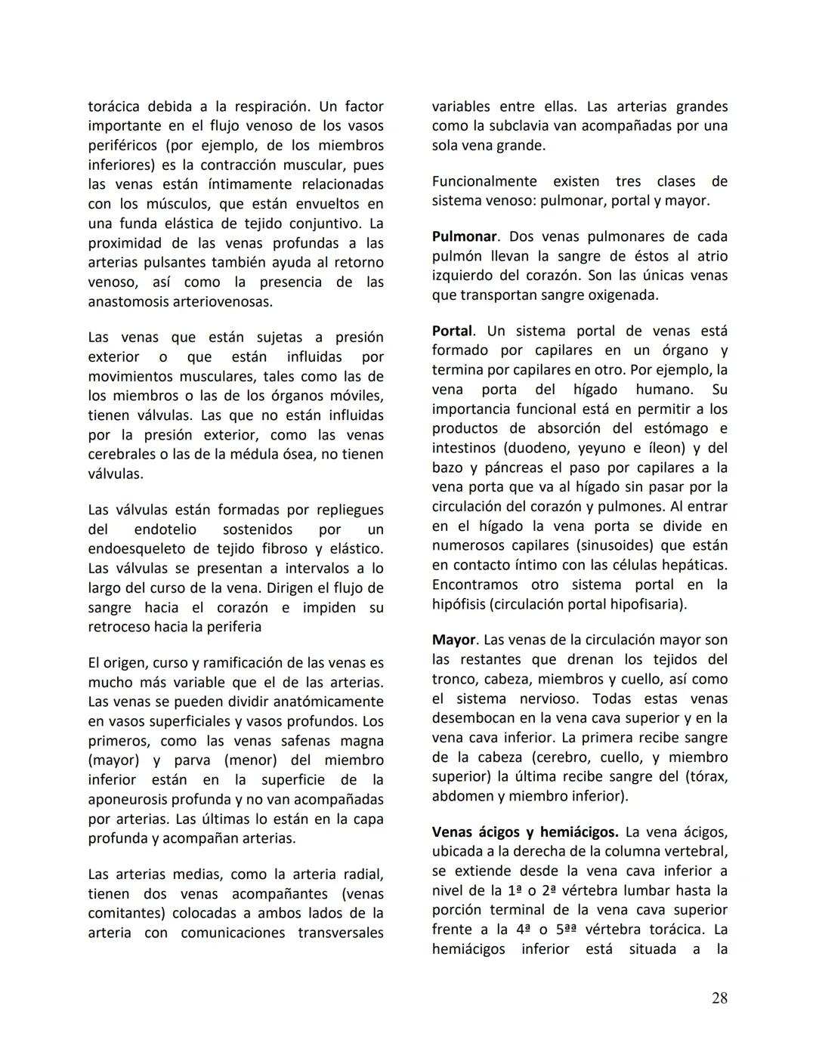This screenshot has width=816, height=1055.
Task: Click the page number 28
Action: pyautogui.click(x=719, y=998)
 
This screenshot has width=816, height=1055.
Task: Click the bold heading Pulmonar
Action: pyautogui.click(x=464, y=236)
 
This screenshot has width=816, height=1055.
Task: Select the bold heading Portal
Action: pyautogui.click(x=452, y=331)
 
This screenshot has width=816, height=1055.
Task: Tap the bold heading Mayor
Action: pyautogui.click(x=453, y=640)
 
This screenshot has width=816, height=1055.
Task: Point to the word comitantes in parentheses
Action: pyautogui.click(x=125, y=913)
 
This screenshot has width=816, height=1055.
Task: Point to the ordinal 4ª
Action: pyautogui.click(x=524, y=930)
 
